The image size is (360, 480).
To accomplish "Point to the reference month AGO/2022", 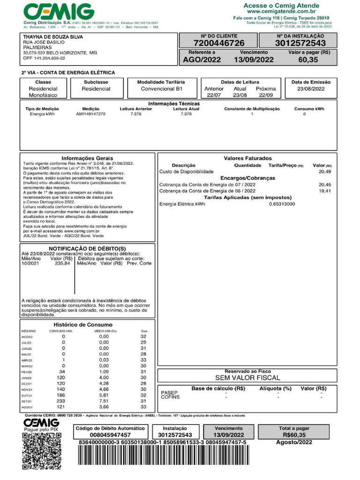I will pos(202,60).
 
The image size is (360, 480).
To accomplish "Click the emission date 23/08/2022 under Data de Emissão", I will pos(311,89).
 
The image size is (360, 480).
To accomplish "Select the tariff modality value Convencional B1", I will pos(161,89).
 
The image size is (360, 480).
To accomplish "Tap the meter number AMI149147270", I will pos(90,114).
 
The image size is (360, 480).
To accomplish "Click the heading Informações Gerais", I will pos(87,158).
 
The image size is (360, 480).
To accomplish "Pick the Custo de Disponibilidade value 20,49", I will pos(324,172).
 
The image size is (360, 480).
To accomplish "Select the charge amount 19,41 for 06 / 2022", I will pos(324,191).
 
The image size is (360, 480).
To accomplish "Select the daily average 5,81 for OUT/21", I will pos(104,395).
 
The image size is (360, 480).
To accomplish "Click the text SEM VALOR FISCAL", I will pos(247,377).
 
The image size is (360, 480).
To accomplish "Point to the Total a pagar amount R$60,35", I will pos(293,435).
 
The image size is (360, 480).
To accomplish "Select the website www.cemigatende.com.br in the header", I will pos(287,11).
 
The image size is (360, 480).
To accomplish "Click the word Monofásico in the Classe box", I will pos(43,95).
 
